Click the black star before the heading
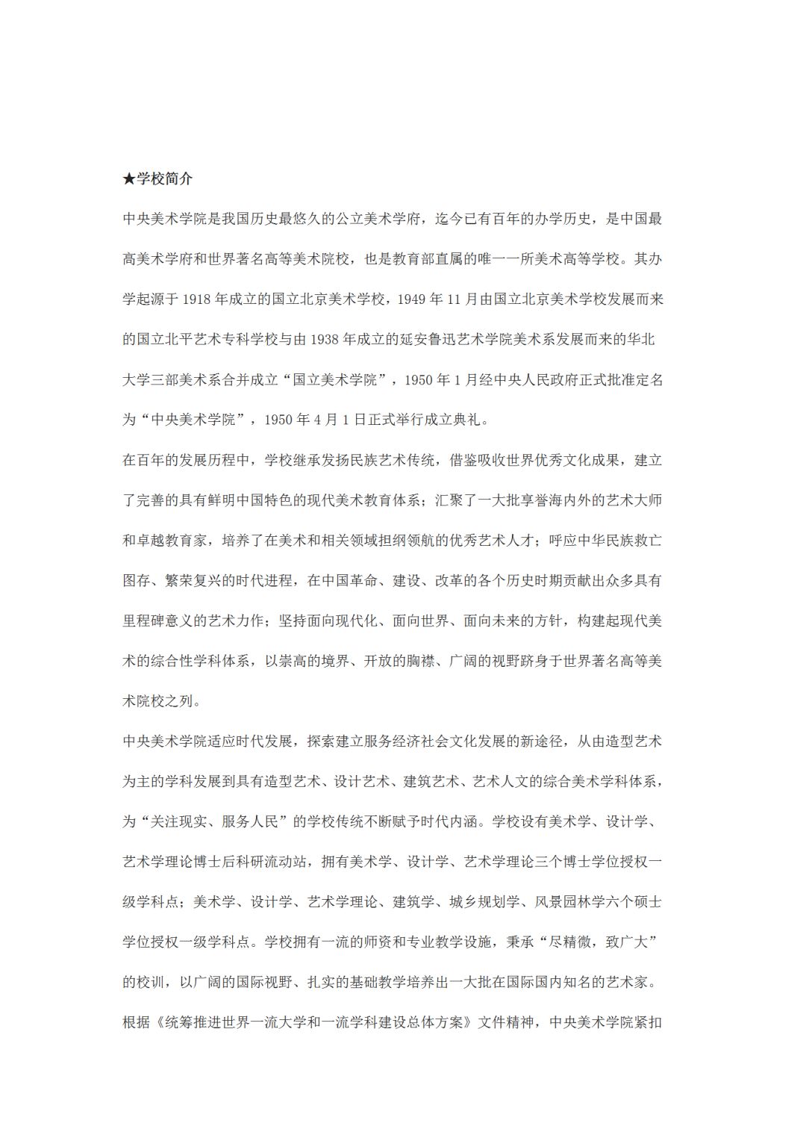click(x=129, y=179)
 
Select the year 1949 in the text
click(x=413, y=299)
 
